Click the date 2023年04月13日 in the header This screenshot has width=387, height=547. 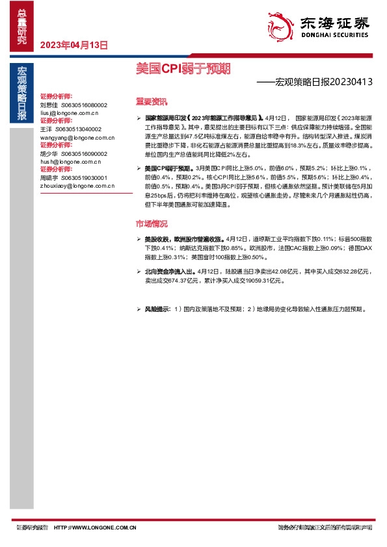click(73, 45)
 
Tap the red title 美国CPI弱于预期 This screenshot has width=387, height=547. click(183, 68)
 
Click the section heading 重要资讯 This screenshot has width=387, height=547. click(151, 102)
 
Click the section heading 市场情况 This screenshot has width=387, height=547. click(151, 223)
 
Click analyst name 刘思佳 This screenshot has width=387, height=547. click(49, 104)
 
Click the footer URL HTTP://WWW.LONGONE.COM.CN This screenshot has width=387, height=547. click(94, 528)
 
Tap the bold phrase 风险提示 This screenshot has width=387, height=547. click(157, 309)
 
